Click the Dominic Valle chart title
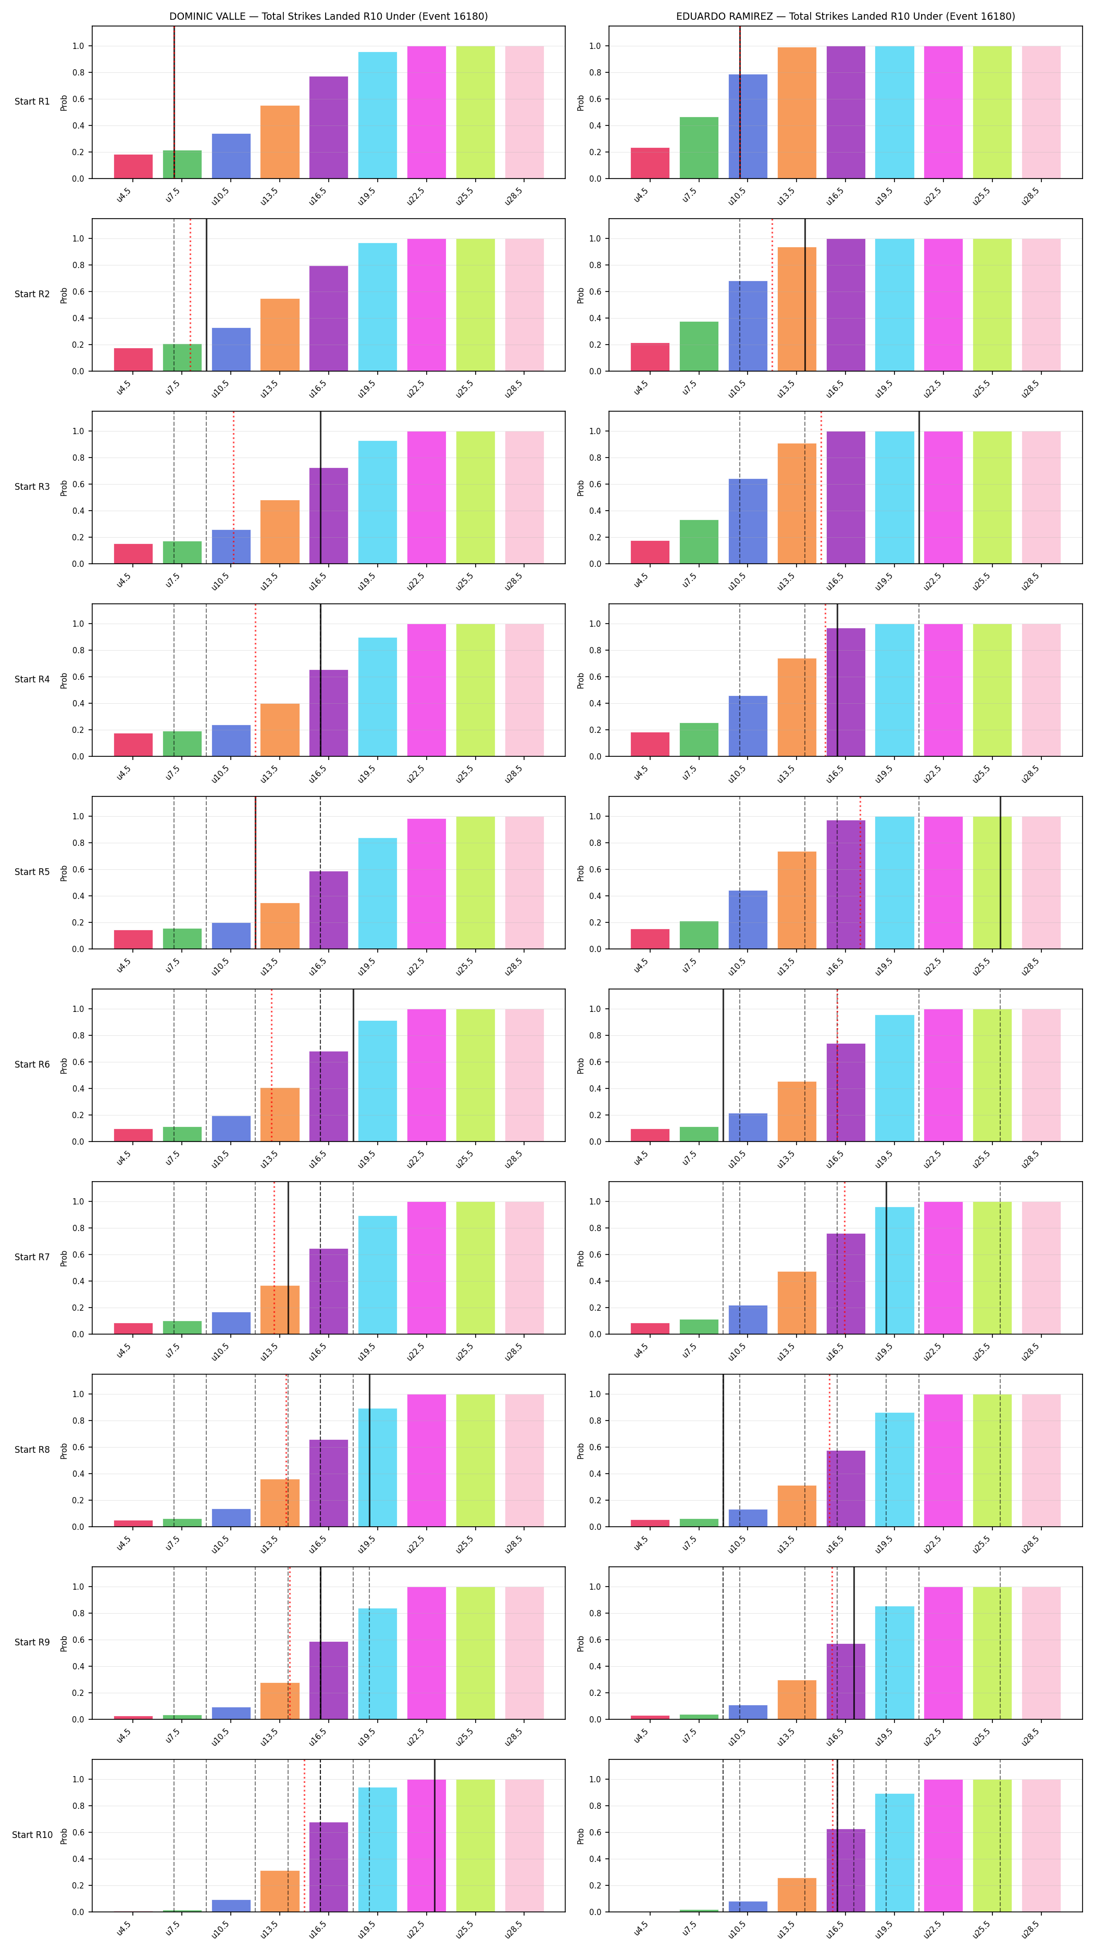(328, 16)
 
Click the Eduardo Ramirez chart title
(846, 16)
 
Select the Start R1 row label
(32, 102)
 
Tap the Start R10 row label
(32, 1834)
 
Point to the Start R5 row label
(32, 871)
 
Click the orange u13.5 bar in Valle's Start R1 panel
(280, 142)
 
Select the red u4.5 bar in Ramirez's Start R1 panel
(650, 163)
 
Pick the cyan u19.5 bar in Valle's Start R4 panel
(378, 696)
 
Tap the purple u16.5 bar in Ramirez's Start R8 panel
(846, 1488)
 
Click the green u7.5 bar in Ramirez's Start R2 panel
(699, 346)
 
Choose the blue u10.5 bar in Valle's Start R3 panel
(231, 547)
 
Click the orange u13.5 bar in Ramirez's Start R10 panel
(797, 1894)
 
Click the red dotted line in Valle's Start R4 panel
(255, 680)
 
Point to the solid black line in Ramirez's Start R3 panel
(919, 487)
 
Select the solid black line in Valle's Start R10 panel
(434, 1835)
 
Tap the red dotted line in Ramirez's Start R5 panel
(860, 872)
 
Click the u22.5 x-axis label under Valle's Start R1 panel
(416, 196)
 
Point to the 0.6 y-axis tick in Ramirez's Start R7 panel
(595, 1254)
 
